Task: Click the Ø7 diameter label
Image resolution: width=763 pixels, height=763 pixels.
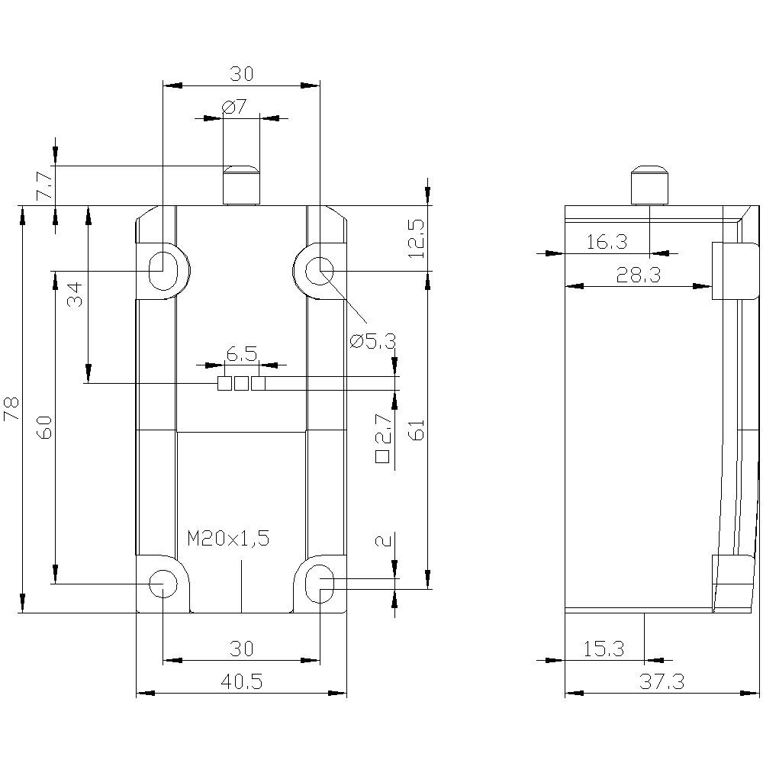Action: pos(235,108)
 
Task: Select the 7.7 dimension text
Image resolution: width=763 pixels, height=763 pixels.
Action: pos(44,186)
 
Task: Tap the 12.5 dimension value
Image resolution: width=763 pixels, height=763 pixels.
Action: pos(416,237)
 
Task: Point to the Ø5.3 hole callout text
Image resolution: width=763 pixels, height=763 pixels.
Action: pos(373,341)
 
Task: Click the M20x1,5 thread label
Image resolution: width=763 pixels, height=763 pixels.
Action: pos(229,538)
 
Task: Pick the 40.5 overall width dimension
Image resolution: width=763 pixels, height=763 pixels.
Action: pos(241,682)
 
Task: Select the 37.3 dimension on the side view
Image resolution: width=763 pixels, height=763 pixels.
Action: pos(662,682)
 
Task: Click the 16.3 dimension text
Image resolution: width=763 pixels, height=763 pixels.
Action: pos(607,243)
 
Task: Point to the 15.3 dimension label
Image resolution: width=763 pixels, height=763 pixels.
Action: pos(604,649)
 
